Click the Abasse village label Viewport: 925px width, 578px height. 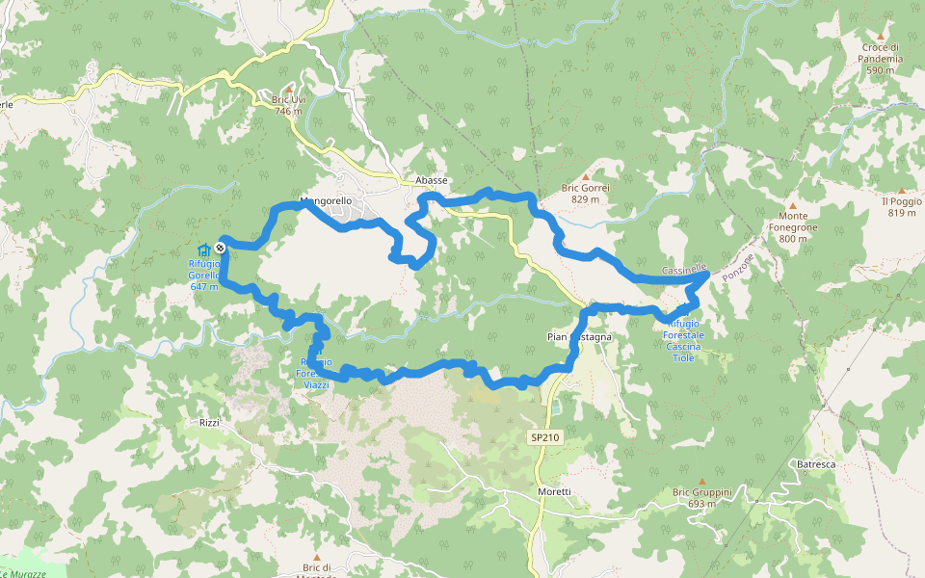[x=431, y=180]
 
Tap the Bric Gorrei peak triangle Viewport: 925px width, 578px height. [x=584, y=177]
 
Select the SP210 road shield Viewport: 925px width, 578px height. [x=544, y=437]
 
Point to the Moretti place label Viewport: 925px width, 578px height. [x=555, y=491]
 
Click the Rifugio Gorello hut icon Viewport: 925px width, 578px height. [x=203, y=250]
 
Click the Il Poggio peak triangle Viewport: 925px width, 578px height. [x=901, y=191]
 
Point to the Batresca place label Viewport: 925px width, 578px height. [x=817, y=465]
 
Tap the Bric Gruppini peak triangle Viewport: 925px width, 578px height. [x=701, y=481]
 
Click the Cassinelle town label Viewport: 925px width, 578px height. [x=685, y=270]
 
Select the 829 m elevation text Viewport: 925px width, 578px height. [x=584, y=199]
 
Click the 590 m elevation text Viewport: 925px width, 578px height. [x=881, y=70]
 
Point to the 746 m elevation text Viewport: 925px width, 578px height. [x=287, y=112]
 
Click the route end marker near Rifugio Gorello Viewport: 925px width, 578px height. [x=221, y=249]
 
